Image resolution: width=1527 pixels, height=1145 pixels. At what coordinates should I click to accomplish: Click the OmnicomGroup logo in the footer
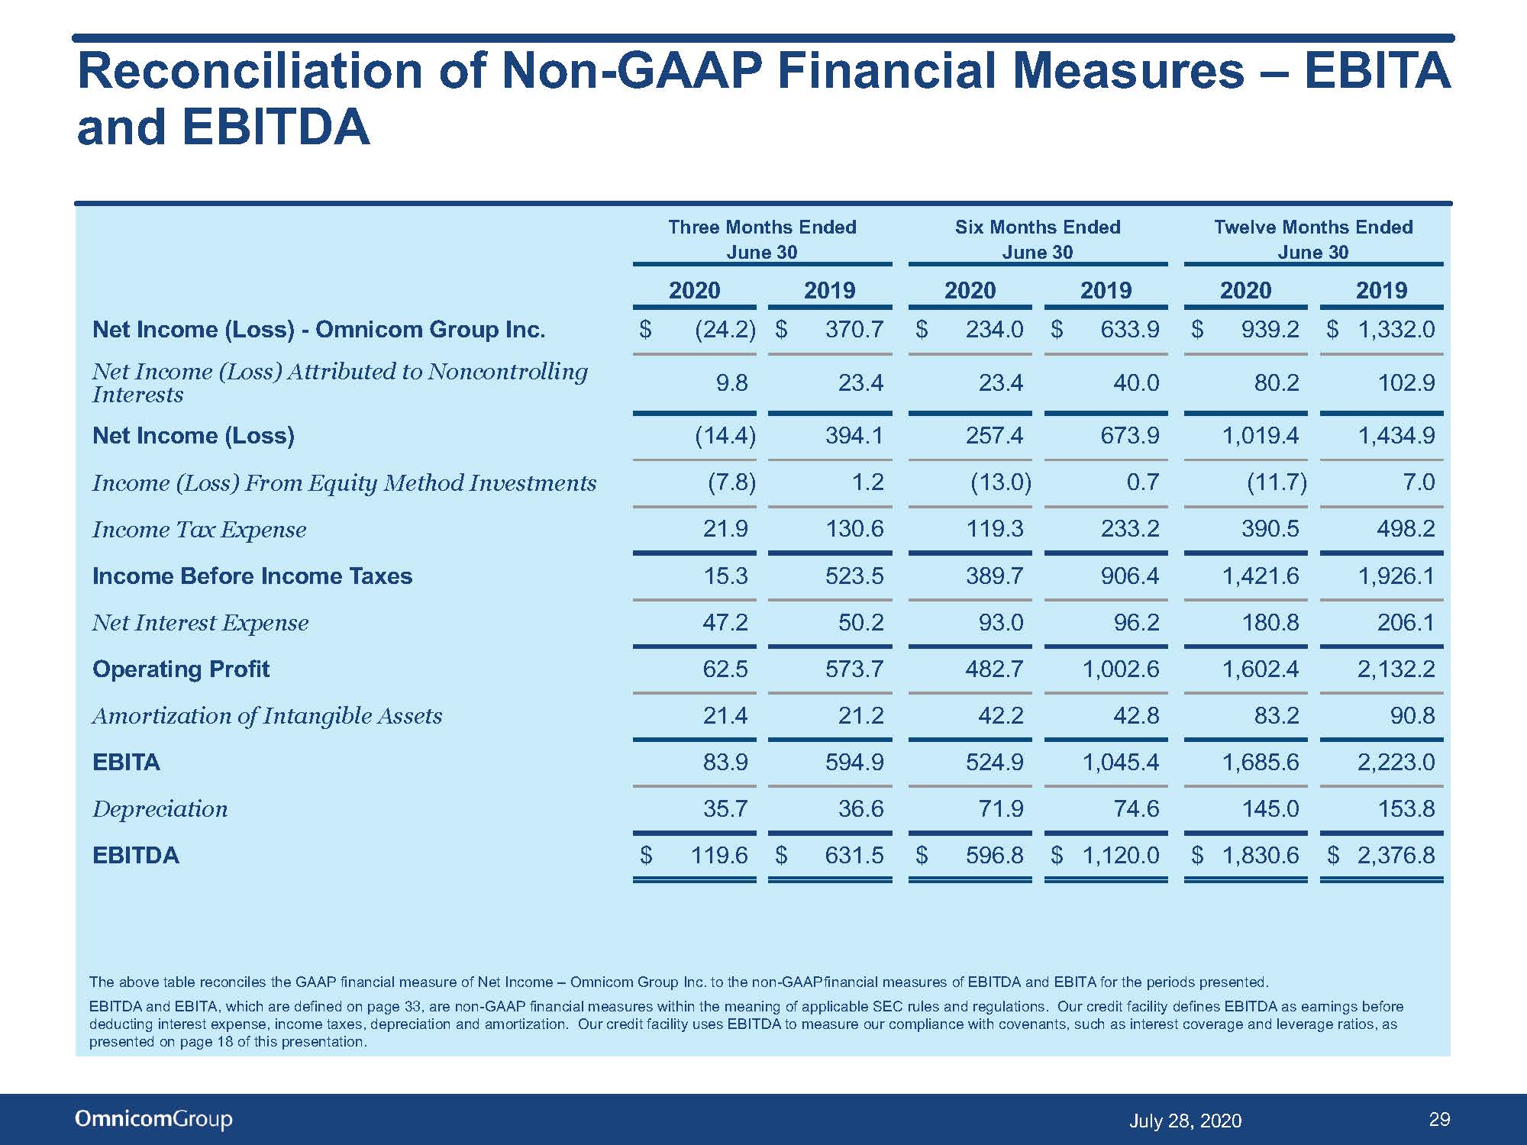tap(153, 1119)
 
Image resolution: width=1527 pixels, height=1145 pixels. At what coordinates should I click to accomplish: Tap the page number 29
tap(1439, 1119)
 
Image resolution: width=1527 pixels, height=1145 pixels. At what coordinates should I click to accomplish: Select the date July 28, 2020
tap(1185, 1121)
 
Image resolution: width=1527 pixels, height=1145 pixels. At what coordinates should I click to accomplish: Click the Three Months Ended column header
tap(762, 239)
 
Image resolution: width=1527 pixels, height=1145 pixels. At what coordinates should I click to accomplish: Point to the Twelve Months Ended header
tap(1313, 239)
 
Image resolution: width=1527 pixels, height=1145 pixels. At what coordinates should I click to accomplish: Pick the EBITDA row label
tap(136, 855)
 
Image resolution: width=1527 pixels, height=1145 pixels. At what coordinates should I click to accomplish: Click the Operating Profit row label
tap(181, 669)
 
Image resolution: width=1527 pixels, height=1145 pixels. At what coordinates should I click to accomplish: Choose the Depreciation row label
tap(160, 809)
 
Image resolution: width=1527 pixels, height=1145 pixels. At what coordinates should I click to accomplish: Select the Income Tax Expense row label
tap(199, 529)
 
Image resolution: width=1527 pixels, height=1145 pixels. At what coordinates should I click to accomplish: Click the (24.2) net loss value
tap(725, 329)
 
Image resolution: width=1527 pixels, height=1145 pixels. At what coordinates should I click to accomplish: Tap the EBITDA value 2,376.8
tap(1396, 855)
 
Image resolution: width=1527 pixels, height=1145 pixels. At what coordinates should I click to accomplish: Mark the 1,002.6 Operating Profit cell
tap(1121, 669)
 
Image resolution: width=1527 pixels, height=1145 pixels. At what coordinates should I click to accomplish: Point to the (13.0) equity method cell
tap(1001, 482)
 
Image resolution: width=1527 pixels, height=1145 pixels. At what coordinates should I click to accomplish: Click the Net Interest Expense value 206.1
tap(1406, 622)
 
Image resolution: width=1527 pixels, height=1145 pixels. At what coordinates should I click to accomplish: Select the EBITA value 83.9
tap(725, 762)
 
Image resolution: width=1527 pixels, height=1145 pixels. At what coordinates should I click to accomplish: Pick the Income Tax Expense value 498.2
tap(1406, 529)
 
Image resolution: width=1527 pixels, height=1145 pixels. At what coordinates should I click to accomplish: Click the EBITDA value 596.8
tap(994, 855)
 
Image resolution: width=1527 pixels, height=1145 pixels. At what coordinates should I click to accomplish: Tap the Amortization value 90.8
tap(1412, 715)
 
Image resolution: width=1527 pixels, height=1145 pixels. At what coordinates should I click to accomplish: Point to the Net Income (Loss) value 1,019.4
tap(1261, 436)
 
